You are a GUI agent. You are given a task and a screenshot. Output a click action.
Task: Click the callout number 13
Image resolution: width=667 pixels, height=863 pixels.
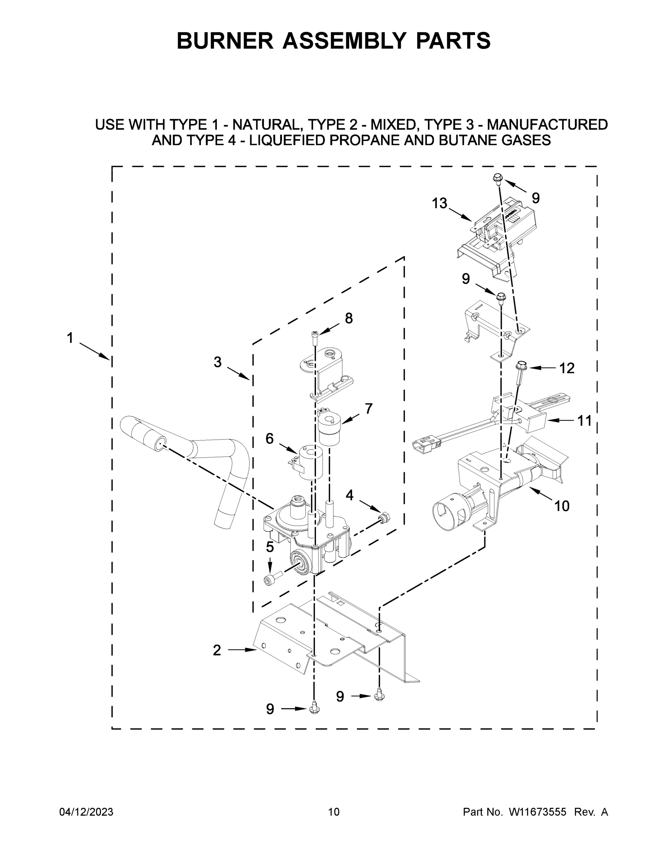click(x=439, y=204)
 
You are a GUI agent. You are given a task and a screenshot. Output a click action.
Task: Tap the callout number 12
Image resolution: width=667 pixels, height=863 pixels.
click(x=567, y=368)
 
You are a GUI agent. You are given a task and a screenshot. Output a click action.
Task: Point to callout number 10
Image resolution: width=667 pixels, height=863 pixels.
click(x=562, y=506)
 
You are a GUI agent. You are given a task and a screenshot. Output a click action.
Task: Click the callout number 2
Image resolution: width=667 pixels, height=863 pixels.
click(x=216, y=650)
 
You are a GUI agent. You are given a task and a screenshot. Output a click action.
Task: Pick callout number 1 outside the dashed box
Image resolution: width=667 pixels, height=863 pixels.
click(x=70, y=338)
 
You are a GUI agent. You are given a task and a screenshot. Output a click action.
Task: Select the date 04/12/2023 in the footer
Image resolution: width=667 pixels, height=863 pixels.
click(x=86, y=812)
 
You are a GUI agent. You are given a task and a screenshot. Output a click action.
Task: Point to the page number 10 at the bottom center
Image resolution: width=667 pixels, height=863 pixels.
click(x=334, y=812)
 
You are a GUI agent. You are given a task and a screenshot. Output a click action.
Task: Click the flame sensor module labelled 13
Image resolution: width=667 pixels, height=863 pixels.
click(x=498, y=233)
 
